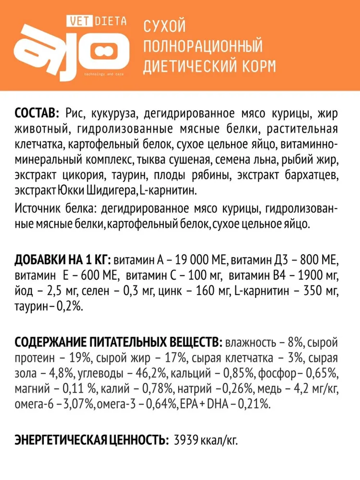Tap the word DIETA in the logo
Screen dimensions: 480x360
111,21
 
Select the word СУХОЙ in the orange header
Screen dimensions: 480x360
165,27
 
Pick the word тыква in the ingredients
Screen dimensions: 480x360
187,160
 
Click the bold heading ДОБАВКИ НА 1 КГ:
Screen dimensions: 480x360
63,260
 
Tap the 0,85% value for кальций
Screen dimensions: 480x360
239,373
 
